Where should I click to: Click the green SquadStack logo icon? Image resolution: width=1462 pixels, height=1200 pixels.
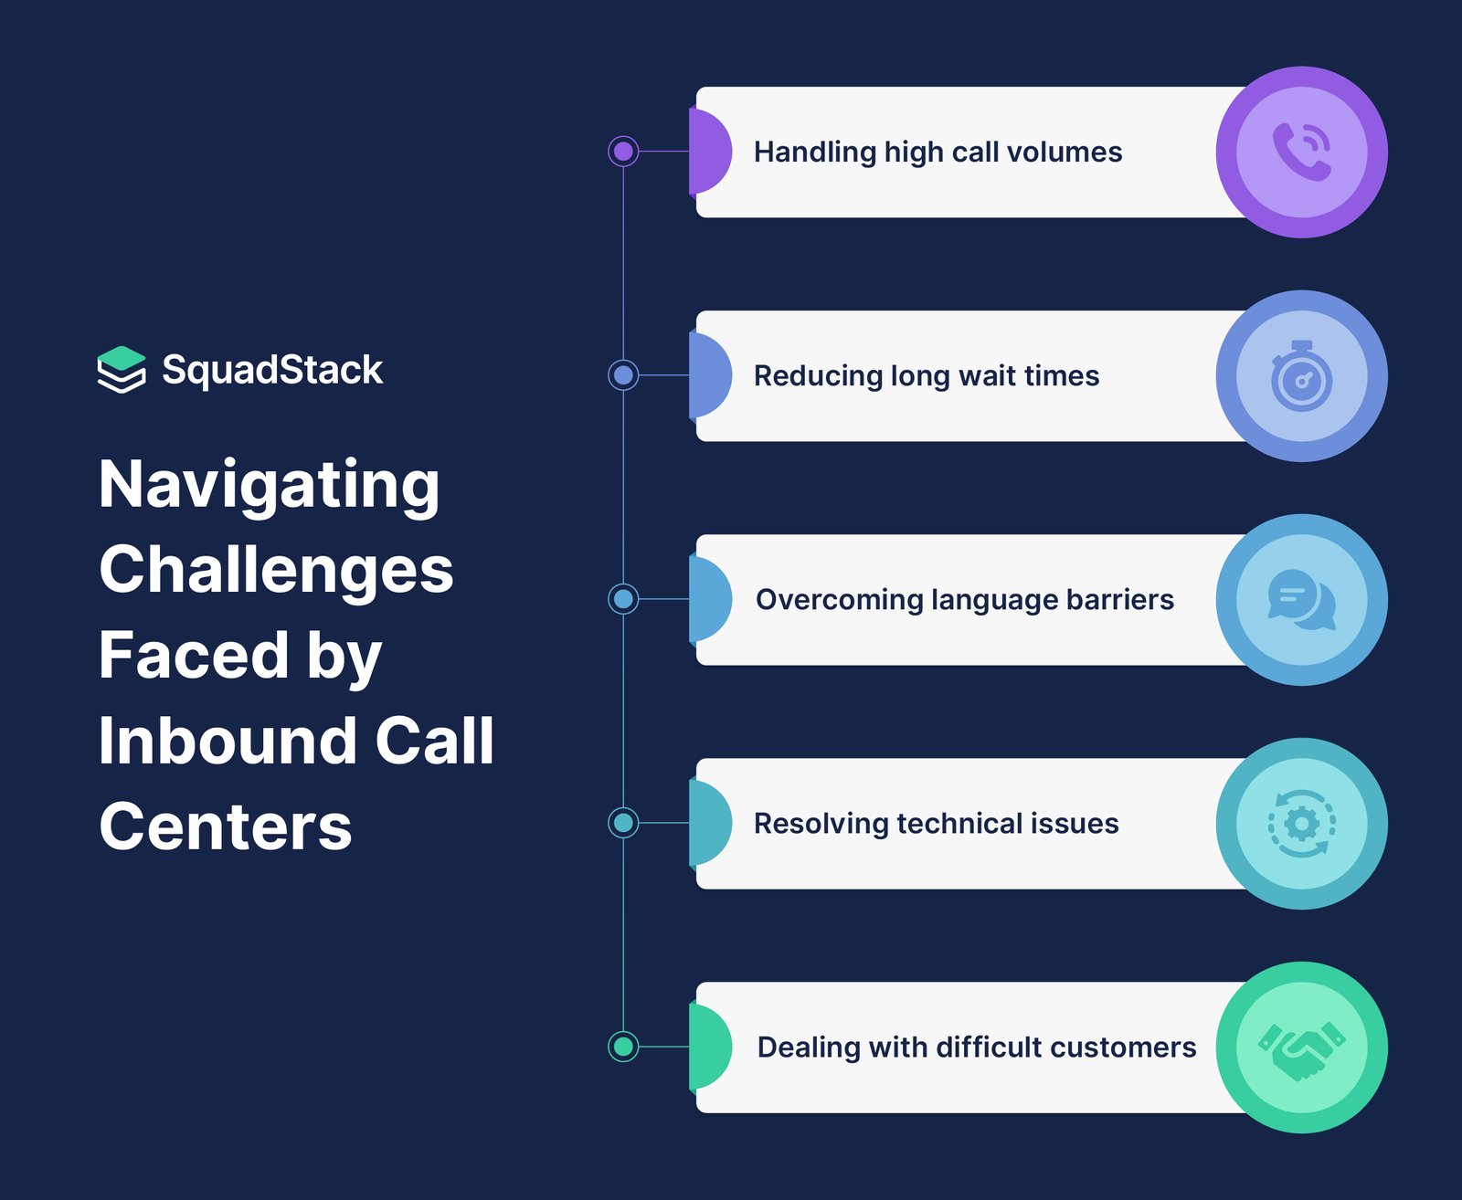pyautogui.click(x=122, y=369)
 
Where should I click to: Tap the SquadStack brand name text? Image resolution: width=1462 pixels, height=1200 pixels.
pyautogui.click(x=272, y=370)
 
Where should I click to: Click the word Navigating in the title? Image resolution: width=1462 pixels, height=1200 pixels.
pyautogui.click(x=269, y=486)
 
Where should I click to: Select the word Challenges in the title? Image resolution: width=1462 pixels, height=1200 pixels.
pyautogui.click(x=276, y=570)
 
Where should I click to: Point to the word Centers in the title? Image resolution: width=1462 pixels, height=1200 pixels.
pyautogui.click(x=226, y=826)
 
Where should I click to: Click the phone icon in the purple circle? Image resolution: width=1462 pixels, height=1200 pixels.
pyautogui.click(x=1302, y=152)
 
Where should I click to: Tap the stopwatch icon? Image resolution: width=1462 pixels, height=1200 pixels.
pyautogui.click(x=1302, y=376)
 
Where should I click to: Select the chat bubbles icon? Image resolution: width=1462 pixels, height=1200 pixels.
pyautogui.click(x=1302, y=600)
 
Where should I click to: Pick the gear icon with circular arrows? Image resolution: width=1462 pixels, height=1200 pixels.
pyautogui.click(x=1302, y=824)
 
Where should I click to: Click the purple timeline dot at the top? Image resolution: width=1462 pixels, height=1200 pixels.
pyautogui.click(x=623, y=151)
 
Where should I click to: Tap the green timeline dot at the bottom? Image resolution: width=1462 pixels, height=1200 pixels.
pyautogui.click(x=623, y=1047)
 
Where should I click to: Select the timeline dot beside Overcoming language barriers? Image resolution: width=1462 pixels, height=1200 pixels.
pyautogui.click(x=623, y=598)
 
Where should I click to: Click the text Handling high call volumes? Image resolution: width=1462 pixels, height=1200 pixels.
pyautogui.click(x=938, y=153)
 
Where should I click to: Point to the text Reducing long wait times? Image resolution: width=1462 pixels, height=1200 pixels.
pyautogui.click(x=927, y=376)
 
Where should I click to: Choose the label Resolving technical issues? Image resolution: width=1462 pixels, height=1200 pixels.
pyautogui.click(x=936, y=824)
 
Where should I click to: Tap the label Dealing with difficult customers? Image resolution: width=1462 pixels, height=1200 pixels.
pyautogui.click(x=977, y=1047)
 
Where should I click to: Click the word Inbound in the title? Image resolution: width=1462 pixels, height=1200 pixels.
pyautogui.click(x=228, y=741)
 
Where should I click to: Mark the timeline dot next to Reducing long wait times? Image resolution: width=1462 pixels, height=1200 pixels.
pyautogui.click(x=623, y=374)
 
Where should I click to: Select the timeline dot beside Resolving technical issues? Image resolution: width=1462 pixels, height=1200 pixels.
pyautogui.click(x=623, y=823)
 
